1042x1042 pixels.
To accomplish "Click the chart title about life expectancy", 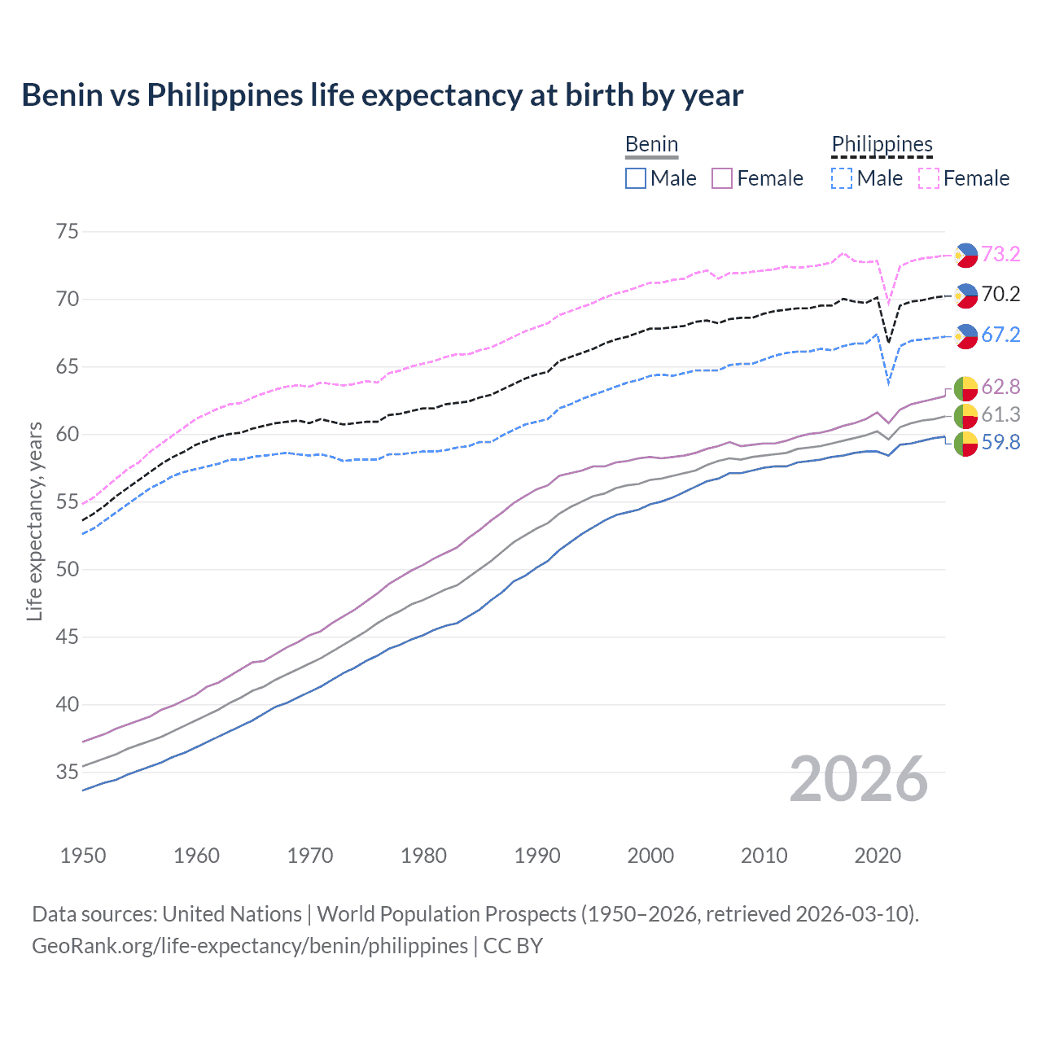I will coord(382,95).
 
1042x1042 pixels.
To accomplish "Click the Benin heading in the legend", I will coord(651,145).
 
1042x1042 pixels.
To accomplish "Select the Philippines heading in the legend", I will coord(882,145).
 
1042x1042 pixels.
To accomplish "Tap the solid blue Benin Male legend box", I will coord(636,178).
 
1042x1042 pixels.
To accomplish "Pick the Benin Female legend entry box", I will coord(722,178).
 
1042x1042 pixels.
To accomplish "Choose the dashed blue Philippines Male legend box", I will coord(842,178).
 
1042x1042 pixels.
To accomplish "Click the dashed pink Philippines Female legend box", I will coord(928,178).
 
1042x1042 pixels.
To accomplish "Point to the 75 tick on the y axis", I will coord(68,232).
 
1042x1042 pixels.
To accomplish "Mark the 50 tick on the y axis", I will coord(68,570).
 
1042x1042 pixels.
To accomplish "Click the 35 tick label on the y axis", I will coord(68,773).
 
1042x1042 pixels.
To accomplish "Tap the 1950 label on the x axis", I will coord(83,856).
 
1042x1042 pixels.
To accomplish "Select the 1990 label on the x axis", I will coord(537,856).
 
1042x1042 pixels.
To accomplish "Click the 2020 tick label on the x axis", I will coord(878,856).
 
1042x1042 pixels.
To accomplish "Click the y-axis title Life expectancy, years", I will coord(34,521).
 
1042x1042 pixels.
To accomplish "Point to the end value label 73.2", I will coord(1000,255).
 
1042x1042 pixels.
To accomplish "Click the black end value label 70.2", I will coord(1000,295).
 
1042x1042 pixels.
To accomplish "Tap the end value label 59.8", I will coord(1000,443).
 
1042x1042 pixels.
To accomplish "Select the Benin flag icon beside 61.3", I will coord(965,415).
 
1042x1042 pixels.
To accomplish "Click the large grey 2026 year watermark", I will coord(858,779).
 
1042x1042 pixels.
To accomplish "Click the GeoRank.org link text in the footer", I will coord(250,946).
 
